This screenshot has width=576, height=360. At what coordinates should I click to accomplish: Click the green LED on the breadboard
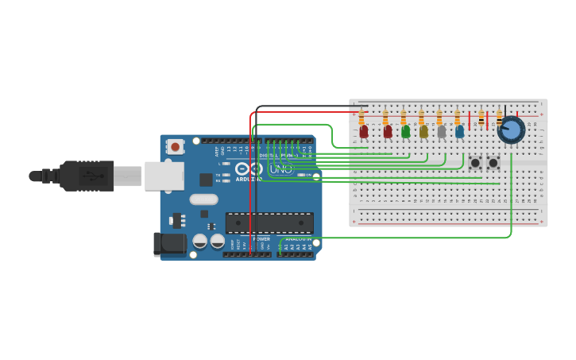click(406, 131)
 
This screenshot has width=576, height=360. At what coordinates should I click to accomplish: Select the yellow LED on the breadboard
click(423, 131)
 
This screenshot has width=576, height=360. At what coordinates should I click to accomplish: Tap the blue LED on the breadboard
click(459, 131)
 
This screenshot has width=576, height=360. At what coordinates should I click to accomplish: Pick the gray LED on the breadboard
click(442, 131)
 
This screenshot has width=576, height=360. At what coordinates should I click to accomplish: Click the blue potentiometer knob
click(510, 130)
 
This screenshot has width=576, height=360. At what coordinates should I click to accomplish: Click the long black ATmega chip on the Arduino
click(269, 223)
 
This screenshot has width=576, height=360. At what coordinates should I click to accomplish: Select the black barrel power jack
click(169, 244)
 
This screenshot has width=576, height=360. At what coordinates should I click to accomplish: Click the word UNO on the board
click(280, 169)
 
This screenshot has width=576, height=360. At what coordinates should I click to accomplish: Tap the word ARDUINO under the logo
click(249, 180)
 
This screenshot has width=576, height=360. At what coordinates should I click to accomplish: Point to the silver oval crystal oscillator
click(203, 199)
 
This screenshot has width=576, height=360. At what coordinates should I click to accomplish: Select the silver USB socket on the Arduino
click(164, 176)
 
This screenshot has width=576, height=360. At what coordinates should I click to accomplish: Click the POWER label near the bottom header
click(261, 238)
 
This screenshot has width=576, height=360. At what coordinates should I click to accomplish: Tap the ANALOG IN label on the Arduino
click(298, 238)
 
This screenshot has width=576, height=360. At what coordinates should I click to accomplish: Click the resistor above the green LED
click(404, 118)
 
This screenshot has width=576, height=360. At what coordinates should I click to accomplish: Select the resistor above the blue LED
click(458, 118)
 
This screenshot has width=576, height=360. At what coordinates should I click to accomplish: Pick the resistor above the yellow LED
click(421, 118)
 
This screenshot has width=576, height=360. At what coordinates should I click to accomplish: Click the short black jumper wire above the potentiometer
click(505, 112)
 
